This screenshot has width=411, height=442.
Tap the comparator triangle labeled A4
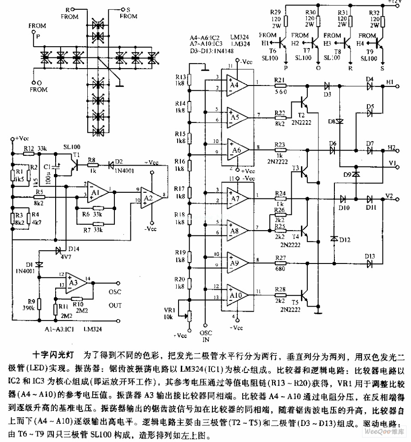pos(235,83)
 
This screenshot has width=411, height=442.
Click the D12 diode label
pos(344,241)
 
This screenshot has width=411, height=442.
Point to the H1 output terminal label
pos(390,83)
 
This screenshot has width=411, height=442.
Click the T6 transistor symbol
pos(281,43)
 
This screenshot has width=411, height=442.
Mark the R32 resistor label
pos(375,12)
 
